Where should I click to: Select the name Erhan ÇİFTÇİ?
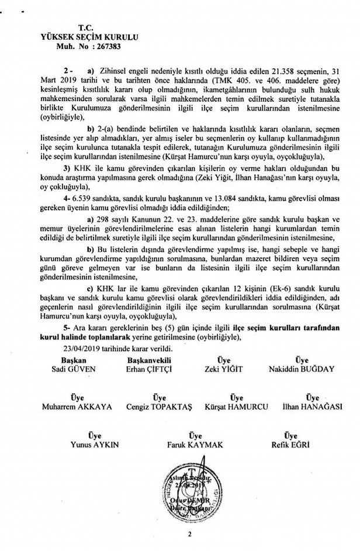[151, 369]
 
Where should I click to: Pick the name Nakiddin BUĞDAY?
[302, 369]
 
